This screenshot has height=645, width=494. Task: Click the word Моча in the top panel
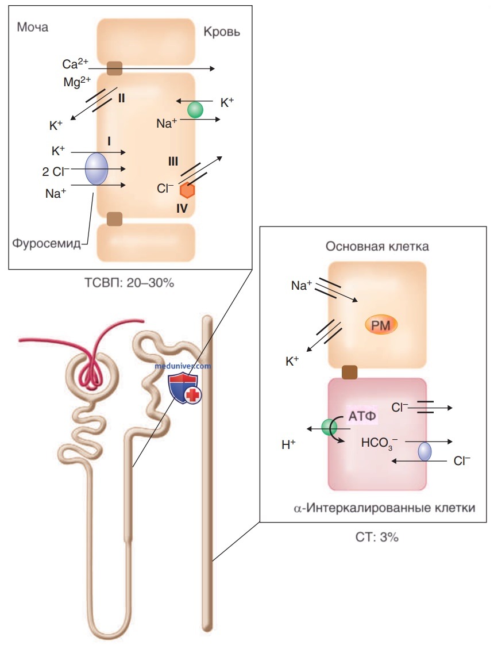tap(33, 27)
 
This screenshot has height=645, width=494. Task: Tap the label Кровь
tap(222, 32)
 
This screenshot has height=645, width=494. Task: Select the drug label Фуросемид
tap(47, 243)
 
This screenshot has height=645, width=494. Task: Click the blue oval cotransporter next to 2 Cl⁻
tap(97, 168)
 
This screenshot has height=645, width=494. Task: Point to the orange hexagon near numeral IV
tap(187, 190)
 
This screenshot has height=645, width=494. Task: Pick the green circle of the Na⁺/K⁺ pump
tap(195, 110)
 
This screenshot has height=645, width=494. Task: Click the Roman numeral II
tap(121, 98)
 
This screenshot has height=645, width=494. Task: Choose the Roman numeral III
tap(173, 161)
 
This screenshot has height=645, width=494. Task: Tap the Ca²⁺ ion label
tap(75, 63)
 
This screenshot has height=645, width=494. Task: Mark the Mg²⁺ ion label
tap(77, 82)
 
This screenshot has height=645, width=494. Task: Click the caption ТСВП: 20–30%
tap(129, 283)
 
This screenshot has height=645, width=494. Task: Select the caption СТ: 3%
tap(377, 537)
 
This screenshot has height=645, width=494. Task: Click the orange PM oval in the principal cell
tap(381, 326)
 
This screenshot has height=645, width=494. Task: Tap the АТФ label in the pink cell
tap(362, 416)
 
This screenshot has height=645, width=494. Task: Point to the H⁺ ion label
tap(288, 444)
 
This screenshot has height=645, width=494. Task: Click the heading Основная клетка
tap(377, 247)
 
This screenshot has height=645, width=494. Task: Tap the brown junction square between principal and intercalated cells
tap(349, 373)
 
